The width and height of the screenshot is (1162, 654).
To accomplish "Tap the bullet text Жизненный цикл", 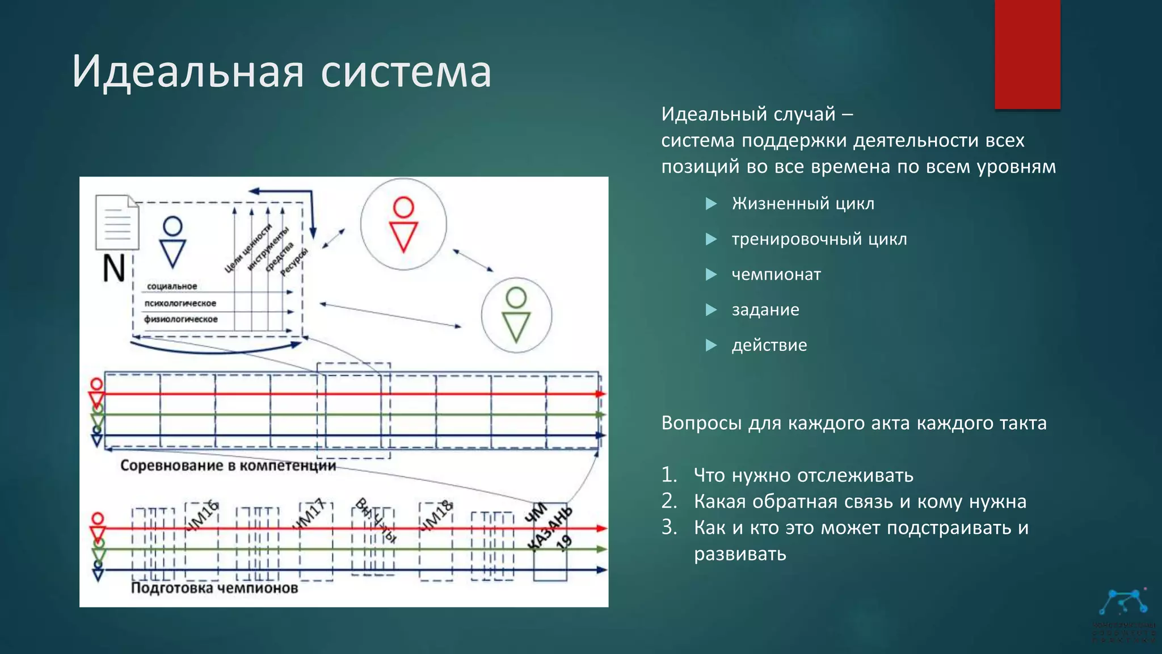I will point(803,203).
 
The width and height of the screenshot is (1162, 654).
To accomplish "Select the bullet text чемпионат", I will point(776,274).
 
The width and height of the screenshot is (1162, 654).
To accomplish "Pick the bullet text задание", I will point(765,309).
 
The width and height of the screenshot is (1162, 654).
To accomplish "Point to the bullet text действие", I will point(769,345).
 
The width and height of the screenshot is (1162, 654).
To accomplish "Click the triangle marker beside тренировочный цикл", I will point(711,239).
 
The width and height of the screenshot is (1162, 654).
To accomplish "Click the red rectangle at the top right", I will point(1027,54).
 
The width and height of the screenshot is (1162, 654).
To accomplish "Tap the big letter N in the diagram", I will point(114,268).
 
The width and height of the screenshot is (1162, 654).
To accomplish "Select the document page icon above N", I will point(117,222).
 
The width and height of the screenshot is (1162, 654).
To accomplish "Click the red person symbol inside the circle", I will point(403,224).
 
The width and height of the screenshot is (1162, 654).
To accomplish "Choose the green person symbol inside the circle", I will point(516,315).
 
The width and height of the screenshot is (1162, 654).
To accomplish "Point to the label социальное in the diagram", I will point(172,286).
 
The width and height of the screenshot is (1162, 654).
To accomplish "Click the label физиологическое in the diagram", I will point(180,319).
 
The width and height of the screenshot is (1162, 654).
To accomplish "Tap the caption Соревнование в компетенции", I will point(228,466).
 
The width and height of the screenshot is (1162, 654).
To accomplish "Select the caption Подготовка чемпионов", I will point(214,588).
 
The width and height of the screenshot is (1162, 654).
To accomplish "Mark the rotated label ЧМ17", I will point(309,514).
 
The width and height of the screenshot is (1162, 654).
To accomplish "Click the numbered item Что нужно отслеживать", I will point(803,475).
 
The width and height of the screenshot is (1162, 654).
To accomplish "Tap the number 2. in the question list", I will point(670,501).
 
